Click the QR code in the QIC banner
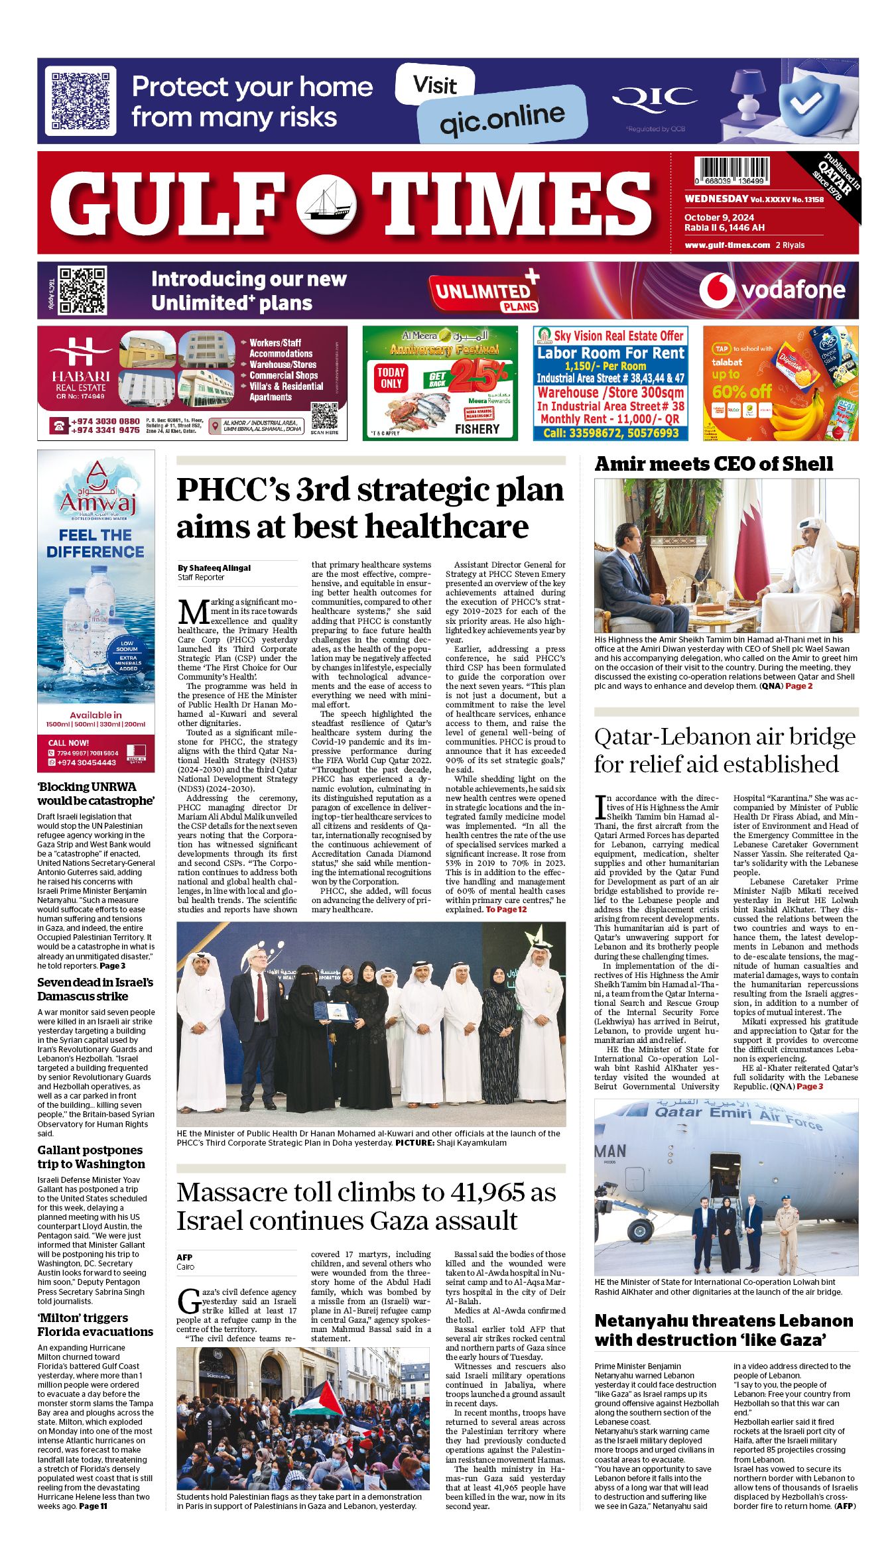coord(80,101)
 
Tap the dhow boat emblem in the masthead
coord(326,202)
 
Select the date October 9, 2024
coord(719,217)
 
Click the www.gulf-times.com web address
coord(727,245)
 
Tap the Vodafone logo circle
coord(716,290)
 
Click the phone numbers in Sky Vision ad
coord(610,433)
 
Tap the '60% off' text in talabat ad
coord(741,391)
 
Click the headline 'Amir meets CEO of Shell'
coord(713,463)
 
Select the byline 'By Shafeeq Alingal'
coord(214,568)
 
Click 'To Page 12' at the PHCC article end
coord(506,909)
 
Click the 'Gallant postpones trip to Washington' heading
coord(91,1157)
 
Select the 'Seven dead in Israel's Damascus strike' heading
coord(95,989)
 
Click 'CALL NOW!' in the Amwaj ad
coord(68,743)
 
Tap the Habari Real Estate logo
coord(81,368)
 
